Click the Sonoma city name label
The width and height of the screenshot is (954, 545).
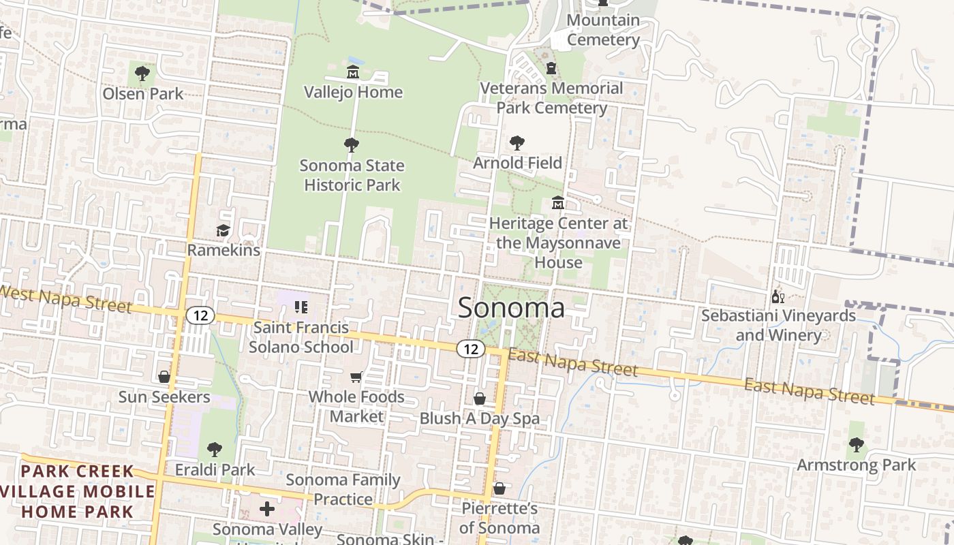pyautogui.click(x=511, y=308)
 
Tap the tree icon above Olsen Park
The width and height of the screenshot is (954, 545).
pyautogui.click(x=142, y=73)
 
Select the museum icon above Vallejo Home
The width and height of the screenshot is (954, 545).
pyautogui.click(x=353, y=72)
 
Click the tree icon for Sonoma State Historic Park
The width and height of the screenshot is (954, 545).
pyautogui.click(x=352, y=144)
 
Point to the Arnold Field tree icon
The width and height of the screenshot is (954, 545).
pyautogui.click(x=517, y=143)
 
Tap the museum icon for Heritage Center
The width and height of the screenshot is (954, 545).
pyautogui.click(x=558, y=203)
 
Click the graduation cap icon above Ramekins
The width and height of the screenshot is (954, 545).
pyautogui.click(x=223, y=231)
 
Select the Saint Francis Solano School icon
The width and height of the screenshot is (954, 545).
pyautogui.click(x=301, y=307)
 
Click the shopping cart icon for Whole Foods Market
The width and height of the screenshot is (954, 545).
pyautogui.click(x=356, y=377)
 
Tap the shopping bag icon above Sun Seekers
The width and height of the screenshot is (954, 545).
pyautogui.click(x=164, y=377)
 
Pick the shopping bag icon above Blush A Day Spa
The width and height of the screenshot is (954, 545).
pyautogui.click(x=480, y=399)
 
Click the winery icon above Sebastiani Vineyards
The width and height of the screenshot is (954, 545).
pyautogui.click(x=778, y=296)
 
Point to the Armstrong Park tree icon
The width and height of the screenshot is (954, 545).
pyautogui.click(x=856, y=445)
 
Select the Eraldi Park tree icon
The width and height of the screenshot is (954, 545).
pyautogui.click(x=214, y=449)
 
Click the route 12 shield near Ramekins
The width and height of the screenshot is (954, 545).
pyautogui.click(x=200, y=315)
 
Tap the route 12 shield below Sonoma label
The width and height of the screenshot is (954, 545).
pyautogui.click(x=470, y=349)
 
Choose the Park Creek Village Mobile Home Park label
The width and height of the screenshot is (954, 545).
pyautogui.click(x=78, y=491)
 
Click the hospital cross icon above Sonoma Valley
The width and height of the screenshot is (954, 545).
pyautogui.click(x=267, y=509)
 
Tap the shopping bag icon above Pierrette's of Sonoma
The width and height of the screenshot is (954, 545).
pyautogui.click(x=499, y=488)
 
